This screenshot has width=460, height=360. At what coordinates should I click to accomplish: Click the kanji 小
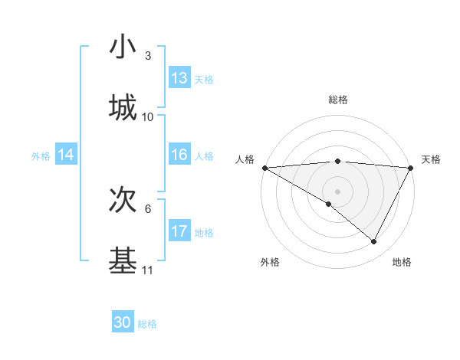[123, 47]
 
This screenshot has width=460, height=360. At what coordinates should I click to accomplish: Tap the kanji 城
[123, 107]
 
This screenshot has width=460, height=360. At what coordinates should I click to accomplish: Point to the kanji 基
[123, 260]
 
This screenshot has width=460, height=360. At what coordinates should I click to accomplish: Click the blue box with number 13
[179, 78]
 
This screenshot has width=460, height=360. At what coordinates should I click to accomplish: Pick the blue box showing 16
[179, 155]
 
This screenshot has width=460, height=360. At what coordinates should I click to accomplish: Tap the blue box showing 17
[179, 231]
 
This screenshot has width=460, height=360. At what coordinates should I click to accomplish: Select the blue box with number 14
[66, 155]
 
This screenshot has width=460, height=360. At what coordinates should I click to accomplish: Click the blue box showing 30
[123, 323]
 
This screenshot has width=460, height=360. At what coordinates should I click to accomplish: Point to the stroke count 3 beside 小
[148, 56]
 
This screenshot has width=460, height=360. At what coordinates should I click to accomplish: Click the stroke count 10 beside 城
[148, 117]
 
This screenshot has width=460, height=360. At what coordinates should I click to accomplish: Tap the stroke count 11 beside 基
[148, 270]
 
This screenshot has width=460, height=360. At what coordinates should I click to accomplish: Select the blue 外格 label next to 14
[41, 155]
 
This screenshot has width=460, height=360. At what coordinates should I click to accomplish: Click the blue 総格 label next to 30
[147, 324]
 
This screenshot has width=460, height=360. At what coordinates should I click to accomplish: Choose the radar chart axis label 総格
[338, 100]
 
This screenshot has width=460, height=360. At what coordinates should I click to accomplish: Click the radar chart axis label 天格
[431, 159]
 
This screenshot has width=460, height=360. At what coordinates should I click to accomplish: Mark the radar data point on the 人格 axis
[264, 168]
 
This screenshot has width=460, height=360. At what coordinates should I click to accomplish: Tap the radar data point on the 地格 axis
[374, 241]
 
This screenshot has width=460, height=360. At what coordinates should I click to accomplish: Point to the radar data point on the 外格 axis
[329, 204]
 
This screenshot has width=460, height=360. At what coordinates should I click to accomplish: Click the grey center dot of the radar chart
[338, 191]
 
